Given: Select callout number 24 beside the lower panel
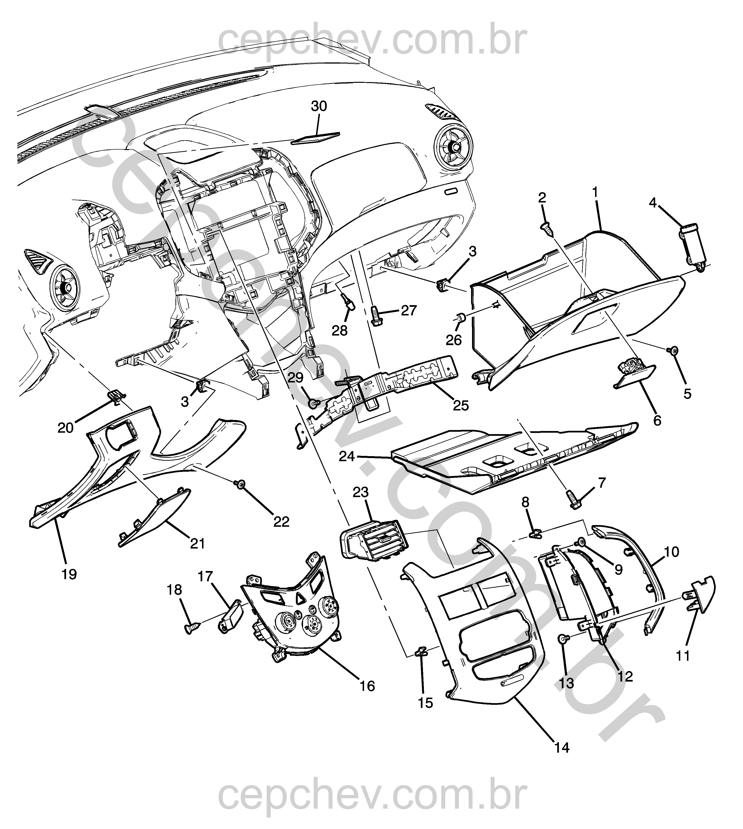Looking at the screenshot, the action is coord(347,456).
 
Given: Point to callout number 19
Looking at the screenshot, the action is coord(69,575).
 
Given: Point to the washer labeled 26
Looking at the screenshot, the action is coord(460,317).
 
